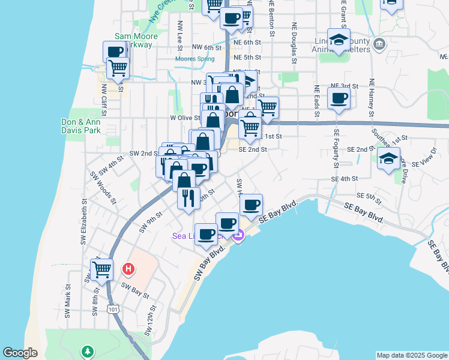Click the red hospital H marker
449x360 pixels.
point(128,269)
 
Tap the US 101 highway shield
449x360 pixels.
point(112,308)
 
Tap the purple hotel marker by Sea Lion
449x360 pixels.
point(238,236)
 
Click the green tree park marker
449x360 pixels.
point(88,350)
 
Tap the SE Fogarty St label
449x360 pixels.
point(336,155)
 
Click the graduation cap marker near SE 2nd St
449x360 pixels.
point(388,159)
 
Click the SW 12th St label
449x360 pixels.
point(151,320)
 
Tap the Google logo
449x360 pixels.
point(20,353)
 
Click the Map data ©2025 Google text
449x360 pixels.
point(412,355)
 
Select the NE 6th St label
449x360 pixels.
point(248,42)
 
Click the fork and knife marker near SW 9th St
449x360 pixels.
point(188,198)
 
